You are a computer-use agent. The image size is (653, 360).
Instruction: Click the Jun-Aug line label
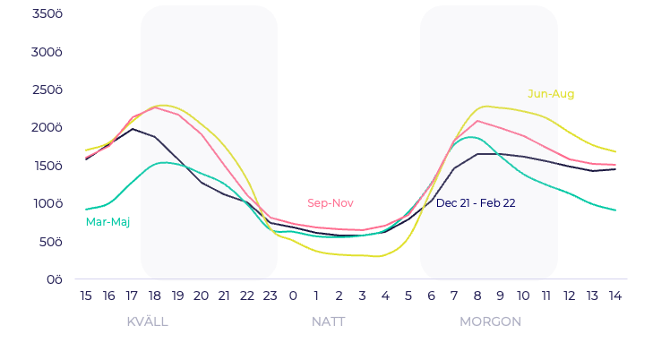click(551, 94)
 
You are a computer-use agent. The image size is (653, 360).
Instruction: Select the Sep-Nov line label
click(330, 203)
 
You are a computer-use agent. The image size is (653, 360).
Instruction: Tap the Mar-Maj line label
click(107, 222)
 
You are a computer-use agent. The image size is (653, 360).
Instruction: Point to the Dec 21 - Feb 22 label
click(475, 203)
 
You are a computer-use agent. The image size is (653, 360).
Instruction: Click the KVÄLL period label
click(147, 321)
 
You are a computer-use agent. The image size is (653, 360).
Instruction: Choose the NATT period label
click(328, 321)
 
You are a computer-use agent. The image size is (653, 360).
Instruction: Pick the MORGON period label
click(490, 321)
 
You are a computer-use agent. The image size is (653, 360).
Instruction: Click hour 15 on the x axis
click(86, 296)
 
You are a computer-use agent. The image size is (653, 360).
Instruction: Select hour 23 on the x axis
click(270, 296)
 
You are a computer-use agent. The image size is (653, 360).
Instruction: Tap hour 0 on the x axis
click(293, 296)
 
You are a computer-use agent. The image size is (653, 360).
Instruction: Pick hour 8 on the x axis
click(477, 296)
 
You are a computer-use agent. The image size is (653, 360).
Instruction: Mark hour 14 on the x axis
click(615, 296)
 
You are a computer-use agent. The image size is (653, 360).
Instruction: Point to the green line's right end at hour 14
click(615, 210)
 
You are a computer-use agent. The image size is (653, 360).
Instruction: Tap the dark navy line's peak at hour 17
click(133, 129)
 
